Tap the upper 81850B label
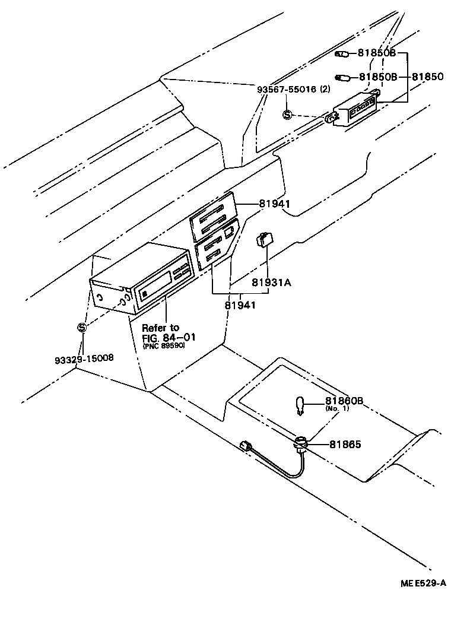[377, 53]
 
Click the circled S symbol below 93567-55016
[287, 115]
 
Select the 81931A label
[271, 283]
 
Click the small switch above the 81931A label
[265, 239]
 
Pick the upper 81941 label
[274, 203]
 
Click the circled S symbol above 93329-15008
[82, 327]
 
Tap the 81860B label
[343, 401]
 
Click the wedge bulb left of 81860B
[301, 406]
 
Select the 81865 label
[345, 444]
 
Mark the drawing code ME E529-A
[423, 584]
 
